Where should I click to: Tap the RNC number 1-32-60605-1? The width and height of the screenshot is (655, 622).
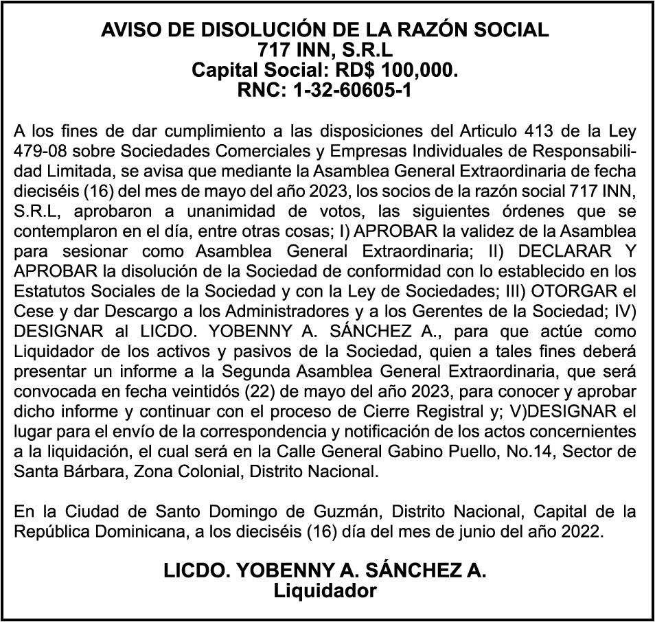[353, 90]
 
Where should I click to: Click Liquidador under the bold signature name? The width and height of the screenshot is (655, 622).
[325, 590]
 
